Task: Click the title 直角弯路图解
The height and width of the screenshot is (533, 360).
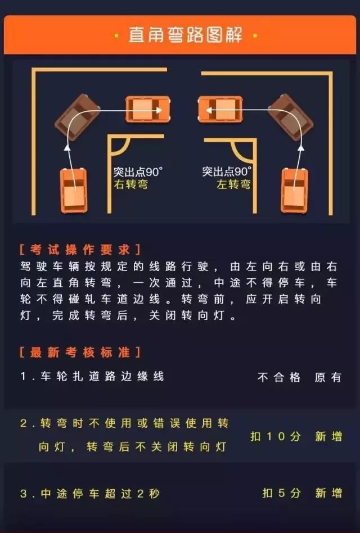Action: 185,35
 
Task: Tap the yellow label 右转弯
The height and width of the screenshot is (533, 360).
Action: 131,184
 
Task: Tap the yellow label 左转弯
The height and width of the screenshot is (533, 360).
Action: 233,184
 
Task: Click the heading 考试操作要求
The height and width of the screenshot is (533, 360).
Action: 80,250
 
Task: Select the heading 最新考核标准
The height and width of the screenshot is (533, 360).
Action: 80,352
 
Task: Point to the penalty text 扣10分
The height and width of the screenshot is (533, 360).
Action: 276,436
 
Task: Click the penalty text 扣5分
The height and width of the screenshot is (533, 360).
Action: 281,493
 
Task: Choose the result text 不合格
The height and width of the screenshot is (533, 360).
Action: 279,377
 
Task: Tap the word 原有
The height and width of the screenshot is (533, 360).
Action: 328,377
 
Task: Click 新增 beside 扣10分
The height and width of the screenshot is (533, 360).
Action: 328,436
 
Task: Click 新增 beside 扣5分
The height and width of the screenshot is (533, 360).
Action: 328,493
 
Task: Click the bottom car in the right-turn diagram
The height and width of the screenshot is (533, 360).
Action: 74,191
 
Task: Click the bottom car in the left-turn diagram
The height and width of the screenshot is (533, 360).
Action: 295,191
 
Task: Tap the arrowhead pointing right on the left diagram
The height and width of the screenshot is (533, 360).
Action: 159,110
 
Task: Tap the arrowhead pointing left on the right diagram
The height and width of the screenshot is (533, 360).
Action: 209,110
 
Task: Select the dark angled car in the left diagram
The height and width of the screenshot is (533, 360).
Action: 78,118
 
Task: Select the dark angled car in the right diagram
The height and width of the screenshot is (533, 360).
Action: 290,118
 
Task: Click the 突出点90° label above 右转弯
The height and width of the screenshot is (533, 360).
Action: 138,172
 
